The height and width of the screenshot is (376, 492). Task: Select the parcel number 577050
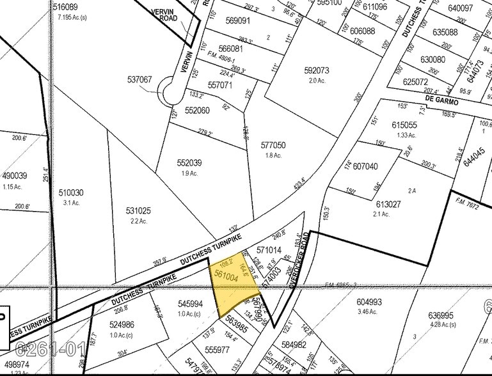(273, 145)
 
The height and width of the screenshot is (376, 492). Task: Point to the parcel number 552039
(189, 162)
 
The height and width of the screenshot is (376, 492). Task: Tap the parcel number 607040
(365, 166)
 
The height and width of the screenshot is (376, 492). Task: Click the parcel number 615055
(404, 125)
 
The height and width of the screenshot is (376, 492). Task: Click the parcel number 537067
(139, 80)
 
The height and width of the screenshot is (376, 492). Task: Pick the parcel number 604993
(369, 302)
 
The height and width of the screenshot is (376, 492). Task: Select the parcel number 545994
(190, 304)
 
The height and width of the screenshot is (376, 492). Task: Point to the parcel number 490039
(14, 176)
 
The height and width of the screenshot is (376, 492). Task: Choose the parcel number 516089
(65, 7)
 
